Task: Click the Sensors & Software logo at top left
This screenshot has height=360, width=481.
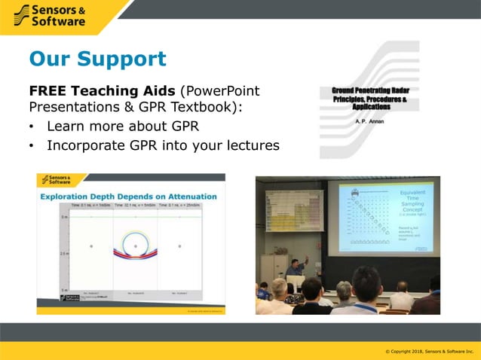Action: click(x=51, y=14)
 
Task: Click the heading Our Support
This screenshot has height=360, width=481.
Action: click(x=97, y=59)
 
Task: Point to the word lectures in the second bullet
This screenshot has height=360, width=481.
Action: click(x=250, y=145)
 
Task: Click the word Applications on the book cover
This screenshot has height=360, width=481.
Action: click(x=369, y=108)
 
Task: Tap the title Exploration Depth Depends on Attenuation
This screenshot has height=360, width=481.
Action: click(x=129, y=197)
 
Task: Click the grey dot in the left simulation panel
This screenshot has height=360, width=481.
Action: click(x=91, y=246)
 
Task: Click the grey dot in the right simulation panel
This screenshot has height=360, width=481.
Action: click(x=179, y=246)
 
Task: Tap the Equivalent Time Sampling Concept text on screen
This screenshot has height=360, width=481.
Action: click(x=414, y=203)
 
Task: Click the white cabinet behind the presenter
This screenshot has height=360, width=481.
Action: click(x=273, y=268)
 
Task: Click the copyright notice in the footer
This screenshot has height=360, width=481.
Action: click(x=429, y=352)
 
